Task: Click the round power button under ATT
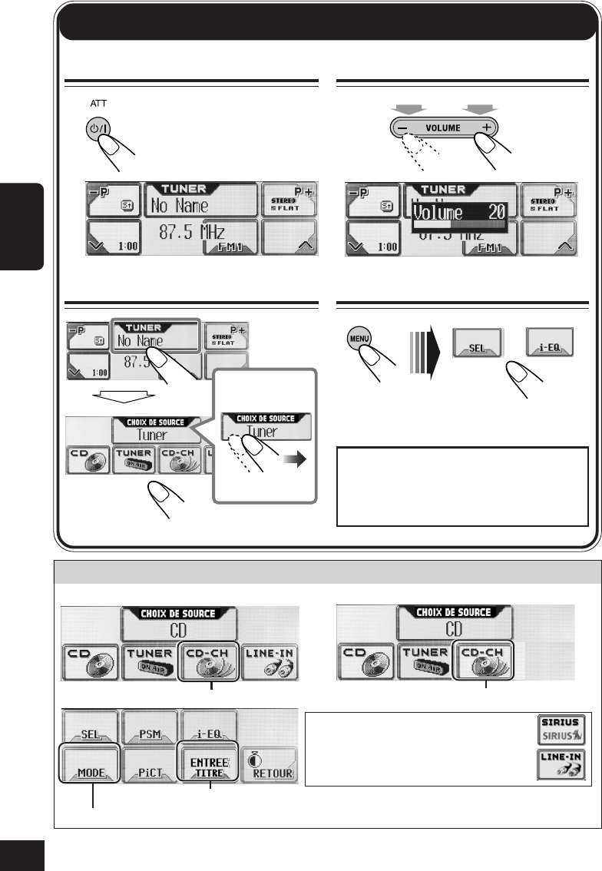point(96,129)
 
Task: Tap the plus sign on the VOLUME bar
point(486,128)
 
